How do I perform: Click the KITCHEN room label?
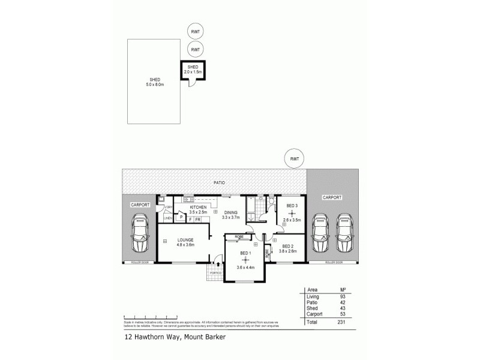click(x=199, y=207)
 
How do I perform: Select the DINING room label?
click(x=231, y=213)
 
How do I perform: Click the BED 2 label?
click(x=287, y=247)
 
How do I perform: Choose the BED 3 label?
click(x=291, y=207)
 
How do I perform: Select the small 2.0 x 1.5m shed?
click(x=193, y=70)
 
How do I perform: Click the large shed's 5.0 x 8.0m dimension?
click(x=155, y=85)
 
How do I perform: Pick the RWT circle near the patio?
click(x=294, y=159)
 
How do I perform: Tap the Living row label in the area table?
click(x=313, y=297)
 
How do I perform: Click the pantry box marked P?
click(x=181, y=217)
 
